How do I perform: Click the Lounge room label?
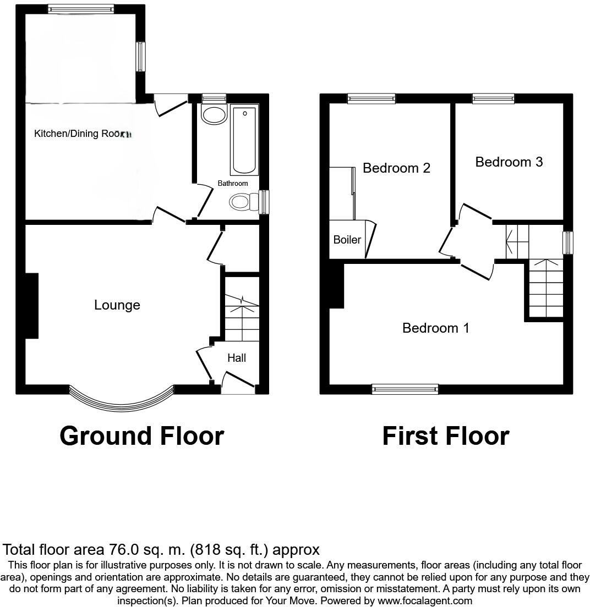coord(117,305)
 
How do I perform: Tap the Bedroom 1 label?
coord(435,328)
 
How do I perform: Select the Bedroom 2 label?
coord(396,168)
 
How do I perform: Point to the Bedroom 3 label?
coord(509,162)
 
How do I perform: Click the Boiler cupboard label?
coord(347,240)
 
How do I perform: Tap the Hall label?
coord(237,358)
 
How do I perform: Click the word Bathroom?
coord(232,183)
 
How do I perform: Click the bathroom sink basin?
coord(214,115)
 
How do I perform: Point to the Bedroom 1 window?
coord(405,389)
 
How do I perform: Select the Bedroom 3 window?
coord(493,99)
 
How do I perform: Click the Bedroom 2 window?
coord(372,99)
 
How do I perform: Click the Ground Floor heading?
coord(141,436)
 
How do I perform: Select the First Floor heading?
coord(445,436)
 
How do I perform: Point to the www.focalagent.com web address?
coord(425,601)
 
